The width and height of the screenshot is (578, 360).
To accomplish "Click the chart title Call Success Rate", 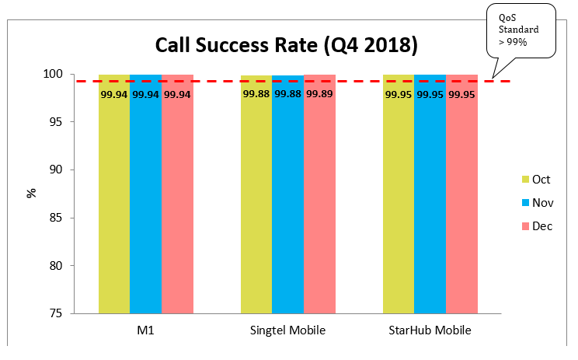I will click(x=287, y=44).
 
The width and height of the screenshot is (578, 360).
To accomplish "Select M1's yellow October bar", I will click(x=114, y=202).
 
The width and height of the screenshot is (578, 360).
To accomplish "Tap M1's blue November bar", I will click(x=145, y=202).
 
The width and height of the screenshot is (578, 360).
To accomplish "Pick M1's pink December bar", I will click(x=177, y=202).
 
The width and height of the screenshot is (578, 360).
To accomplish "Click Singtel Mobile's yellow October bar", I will click(x=256, y=202).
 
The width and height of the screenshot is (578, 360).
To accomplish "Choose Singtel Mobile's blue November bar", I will click(x=287, y=202).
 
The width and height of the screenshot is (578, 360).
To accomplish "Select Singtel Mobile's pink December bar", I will click(x=319, y=202).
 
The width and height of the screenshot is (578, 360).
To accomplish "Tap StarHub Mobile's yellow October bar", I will click(x=398, y=202).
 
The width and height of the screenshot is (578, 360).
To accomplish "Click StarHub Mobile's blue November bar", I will click(x=430, y=202).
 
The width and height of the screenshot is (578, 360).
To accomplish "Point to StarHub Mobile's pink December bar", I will click(x=461, y=202).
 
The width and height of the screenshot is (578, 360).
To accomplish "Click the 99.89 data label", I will click(x=319, y=94).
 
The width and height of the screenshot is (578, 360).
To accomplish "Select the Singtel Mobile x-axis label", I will click(x=287, y=331).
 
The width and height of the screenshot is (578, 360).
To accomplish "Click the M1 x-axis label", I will click(x=145, y=331).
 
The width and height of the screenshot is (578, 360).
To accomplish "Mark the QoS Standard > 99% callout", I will click(x=520, y=30).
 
